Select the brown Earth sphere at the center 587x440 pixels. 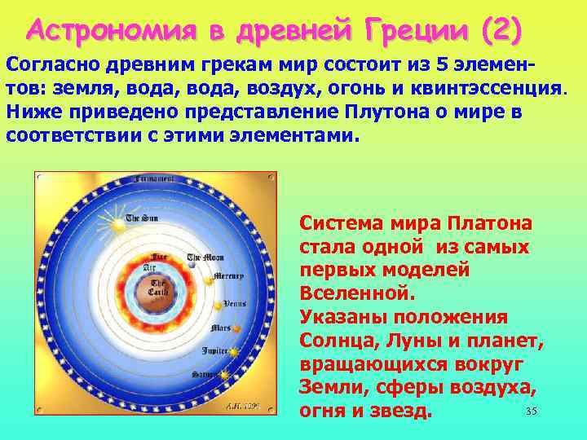click(x=157, y=289)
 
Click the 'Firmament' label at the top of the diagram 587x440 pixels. click(x=156, y=178)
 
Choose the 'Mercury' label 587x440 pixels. click(x=228, y=276)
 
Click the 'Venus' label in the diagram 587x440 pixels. click(x=235, y=303)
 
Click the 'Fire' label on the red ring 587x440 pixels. click(x=149, y=256)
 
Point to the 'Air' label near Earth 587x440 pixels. click(x=149, y=266)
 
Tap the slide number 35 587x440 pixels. click(x=532, y=411)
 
